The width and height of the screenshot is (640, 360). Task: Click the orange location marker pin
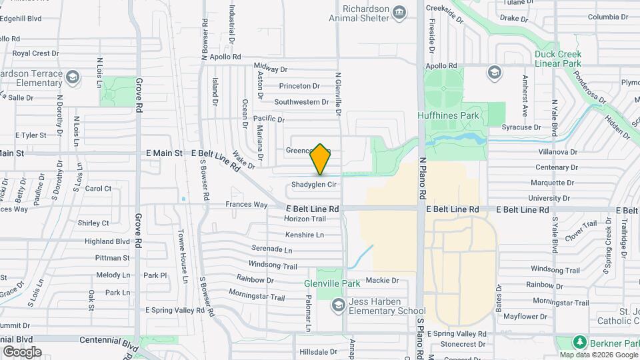pyautogui.click(x=321, y=159)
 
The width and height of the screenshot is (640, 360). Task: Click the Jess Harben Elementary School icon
pyautogui.click(x=339, y=305)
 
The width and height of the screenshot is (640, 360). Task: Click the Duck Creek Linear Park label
pyautogui.click(x=558, y=59)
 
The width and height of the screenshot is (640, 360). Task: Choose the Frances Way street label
pyautogui.click(x=246, y=205)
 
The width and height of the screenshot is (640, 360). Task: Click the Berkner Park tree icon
pyautogui.click(x=581, y=342)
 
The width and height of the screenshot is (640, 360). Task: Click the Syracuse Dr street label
pyautogui.click(x=521, y=127)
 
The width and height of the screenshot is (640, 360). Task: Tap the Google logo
pyautogui.click(x=22, y=351)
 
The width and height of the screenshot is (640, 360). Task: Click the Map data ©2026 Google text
pyautogui.click(x=599, y=355)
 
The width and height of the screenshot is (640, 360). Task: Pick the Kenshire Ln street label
pyautogui.click(x=304, y=235)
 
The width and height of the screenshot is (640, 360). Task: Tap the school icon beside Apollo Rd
pyautogui.click(x=494, y=71)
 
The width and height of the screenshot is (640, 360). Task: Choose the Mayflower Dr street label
pyautogui.click(x=525, y=317)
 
